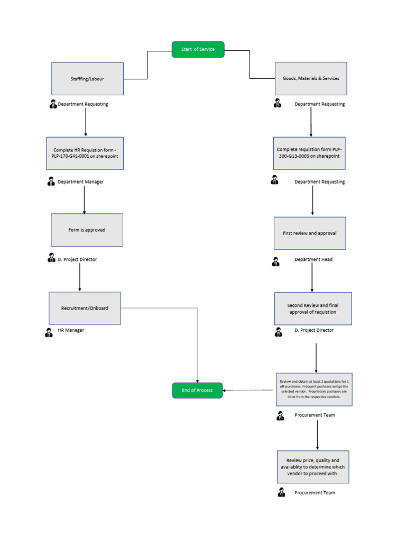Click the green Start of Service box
(x=198, y=49)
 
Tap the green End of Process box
(x=197, y=390)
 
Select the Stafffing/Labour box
(x=87, y=79)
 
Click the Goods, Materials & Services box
(x=311, y=78)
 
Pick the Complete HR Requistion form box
(x=85, y=153)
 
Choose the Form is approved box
(x=87, y=230)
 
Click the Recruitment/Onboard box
(x=85, y=308)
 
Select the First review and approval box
(x=310, y=233)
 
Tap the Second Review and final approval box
(x=312, y=309)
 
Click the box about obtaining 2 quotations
(x=313, y=389)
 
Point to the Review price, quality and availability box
(x=313, y=467)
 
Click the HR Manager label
(x=71, y=330)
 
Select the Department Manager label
(x=80, y=182)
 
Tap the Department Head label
(x=313, y=260)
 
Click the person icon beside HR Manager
(x=49, y=332)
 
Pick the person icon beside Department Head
(x=275, y=261)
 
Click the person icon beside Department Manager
(x=51, y=182)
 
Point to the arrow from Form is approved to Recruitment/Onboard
(x=80, y=277)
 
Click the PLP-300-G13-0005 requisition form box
(x=309, y=153)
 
